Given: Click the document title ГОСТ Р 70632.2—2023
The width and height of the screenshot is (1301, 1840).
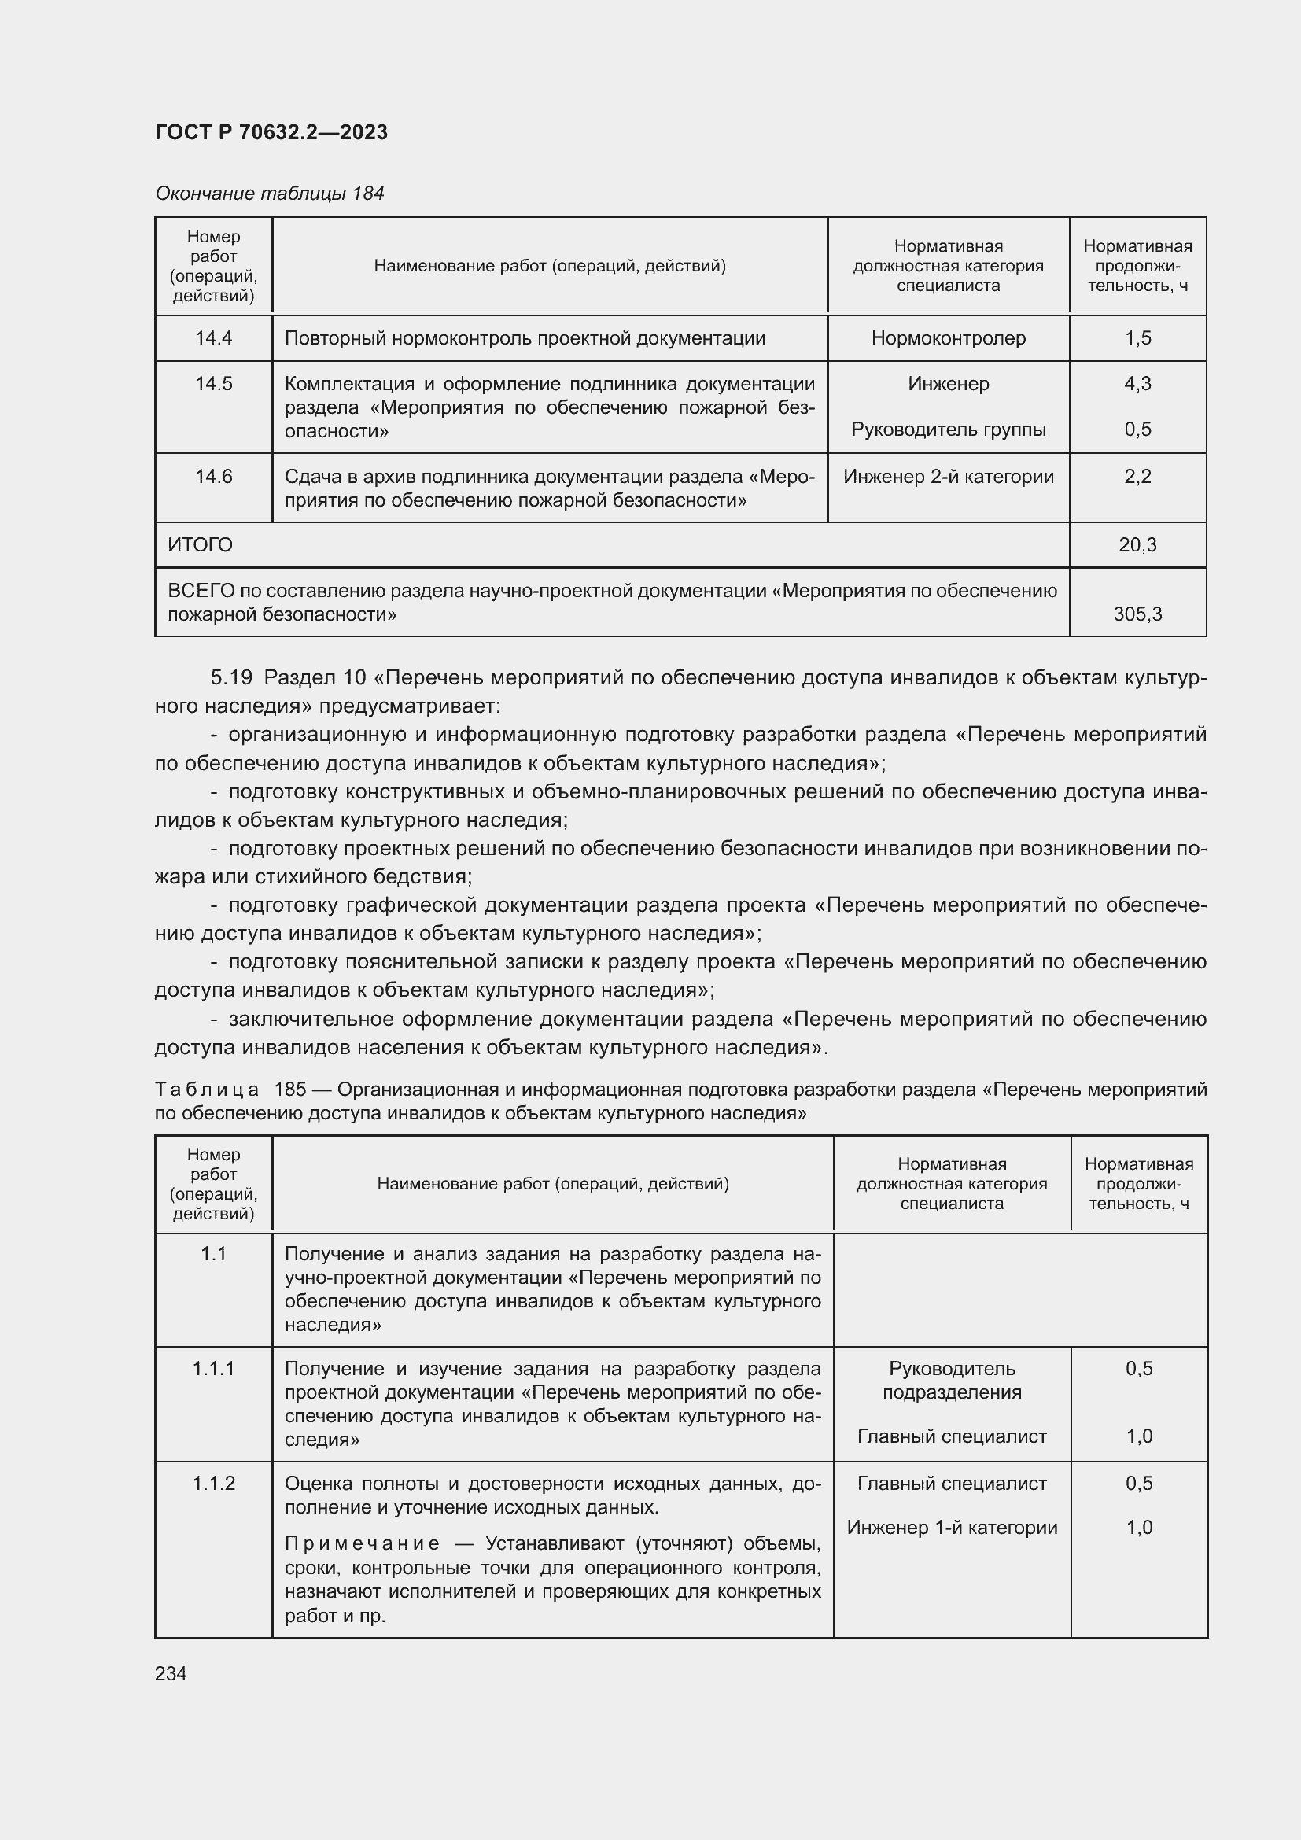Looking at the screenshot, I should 271,132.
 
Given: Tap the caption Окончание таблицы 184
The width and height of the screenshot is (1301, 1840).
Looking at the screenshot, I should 269,194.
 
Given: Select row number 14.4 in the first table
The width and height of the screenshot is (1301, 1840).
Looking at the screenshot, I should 213,338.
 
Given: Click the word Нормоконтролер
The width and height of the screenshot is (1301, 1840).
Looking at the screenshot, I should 948,338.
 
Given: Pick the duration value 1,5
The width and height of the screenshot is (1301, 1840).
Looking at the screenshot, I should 1137,338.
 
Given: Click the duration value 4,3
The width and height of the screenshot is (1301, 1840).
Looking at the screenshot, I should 1137,384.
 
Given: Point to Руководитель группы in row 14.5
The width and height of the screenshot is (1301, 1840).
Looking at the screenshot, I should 948,430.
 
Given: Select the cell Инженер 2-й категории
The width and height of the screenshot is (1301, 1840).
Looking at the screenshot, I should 948,477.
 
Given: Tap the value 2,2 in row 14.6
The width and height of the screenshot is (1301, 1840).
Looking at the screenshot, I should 1137,477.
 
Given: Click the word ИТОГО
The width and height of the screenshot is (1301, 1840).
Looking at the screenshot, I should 201,545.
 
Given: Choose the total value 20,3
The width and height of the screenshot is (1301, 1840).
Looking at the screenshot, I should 1137,545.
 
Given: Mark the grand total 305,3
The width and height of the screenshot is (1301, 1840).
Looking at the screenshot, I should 1137,614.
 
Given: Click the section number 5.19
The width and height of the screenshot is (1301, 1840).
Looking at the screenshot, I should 230,678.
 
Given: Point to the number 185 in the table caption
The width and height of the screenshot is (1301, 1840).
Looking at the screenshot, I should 290,1090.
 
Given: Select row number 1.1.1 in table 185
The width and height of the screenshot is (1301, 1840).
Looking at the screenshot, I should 213,1369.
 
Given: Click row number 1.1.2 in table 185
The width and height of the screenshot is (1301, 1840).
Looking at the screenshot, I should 213,1484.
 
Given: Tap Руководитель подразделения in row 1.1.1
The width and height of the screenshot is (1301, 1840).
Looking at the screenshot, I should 951,1380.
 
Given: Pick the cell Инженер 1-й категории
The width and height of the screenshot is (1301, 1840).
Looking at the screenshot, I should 951,1528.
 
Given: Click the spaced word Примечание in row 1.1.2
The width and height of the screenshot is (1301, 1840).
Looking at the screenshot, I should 362,1543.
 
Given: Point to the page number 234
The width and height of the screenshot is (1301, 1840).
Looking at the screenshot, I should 171,1673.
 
